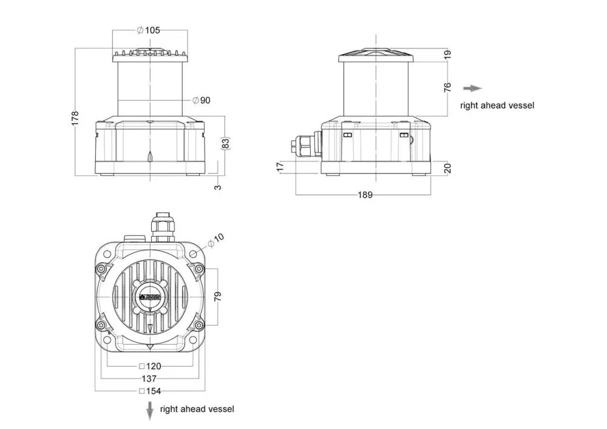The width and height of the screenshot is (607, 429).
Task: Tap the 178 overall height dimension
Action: [75, 117]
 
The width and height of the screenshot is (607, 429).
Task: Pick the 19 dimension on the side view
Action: [448, 55]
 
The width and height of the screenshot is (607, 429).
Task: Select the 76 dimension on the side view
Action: [448, 87]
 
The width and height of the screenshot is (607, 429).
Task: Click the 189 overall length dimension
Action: [364, 195]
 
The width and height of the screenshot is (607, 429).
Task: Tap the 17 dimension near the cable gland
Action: [280, 167]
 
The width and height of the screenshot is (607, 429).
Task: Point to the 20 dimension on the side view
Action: [448, 168]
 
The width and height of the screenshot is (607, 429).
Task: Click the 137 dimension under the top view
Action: [149, 378]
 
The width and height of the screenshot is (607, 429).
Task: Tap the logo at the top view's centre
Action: [149, 297]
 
